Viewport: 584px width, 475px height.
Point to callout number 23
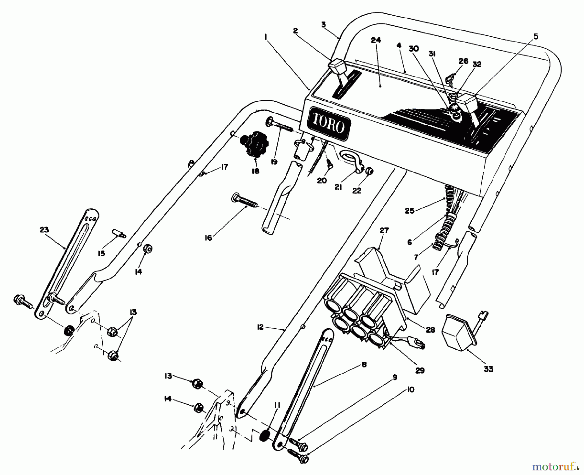tap(44, 230)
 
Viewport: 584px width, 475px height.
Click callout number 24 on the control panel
tap(376, 40)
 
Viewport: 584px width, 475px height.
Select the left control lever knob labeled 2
tap(336, 65)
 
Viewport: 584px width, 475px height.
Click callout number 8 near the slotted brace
tap(364, 364)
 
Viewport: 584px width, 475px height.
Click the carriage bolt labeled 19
tap(278, 124)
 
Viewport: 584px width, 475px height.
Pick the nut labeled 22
tap(369, 171)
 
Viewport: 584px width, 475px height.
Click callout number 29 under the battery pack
tap(420, 370)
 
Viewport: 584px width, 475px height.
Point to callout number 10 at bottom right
tap(410, 390)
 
